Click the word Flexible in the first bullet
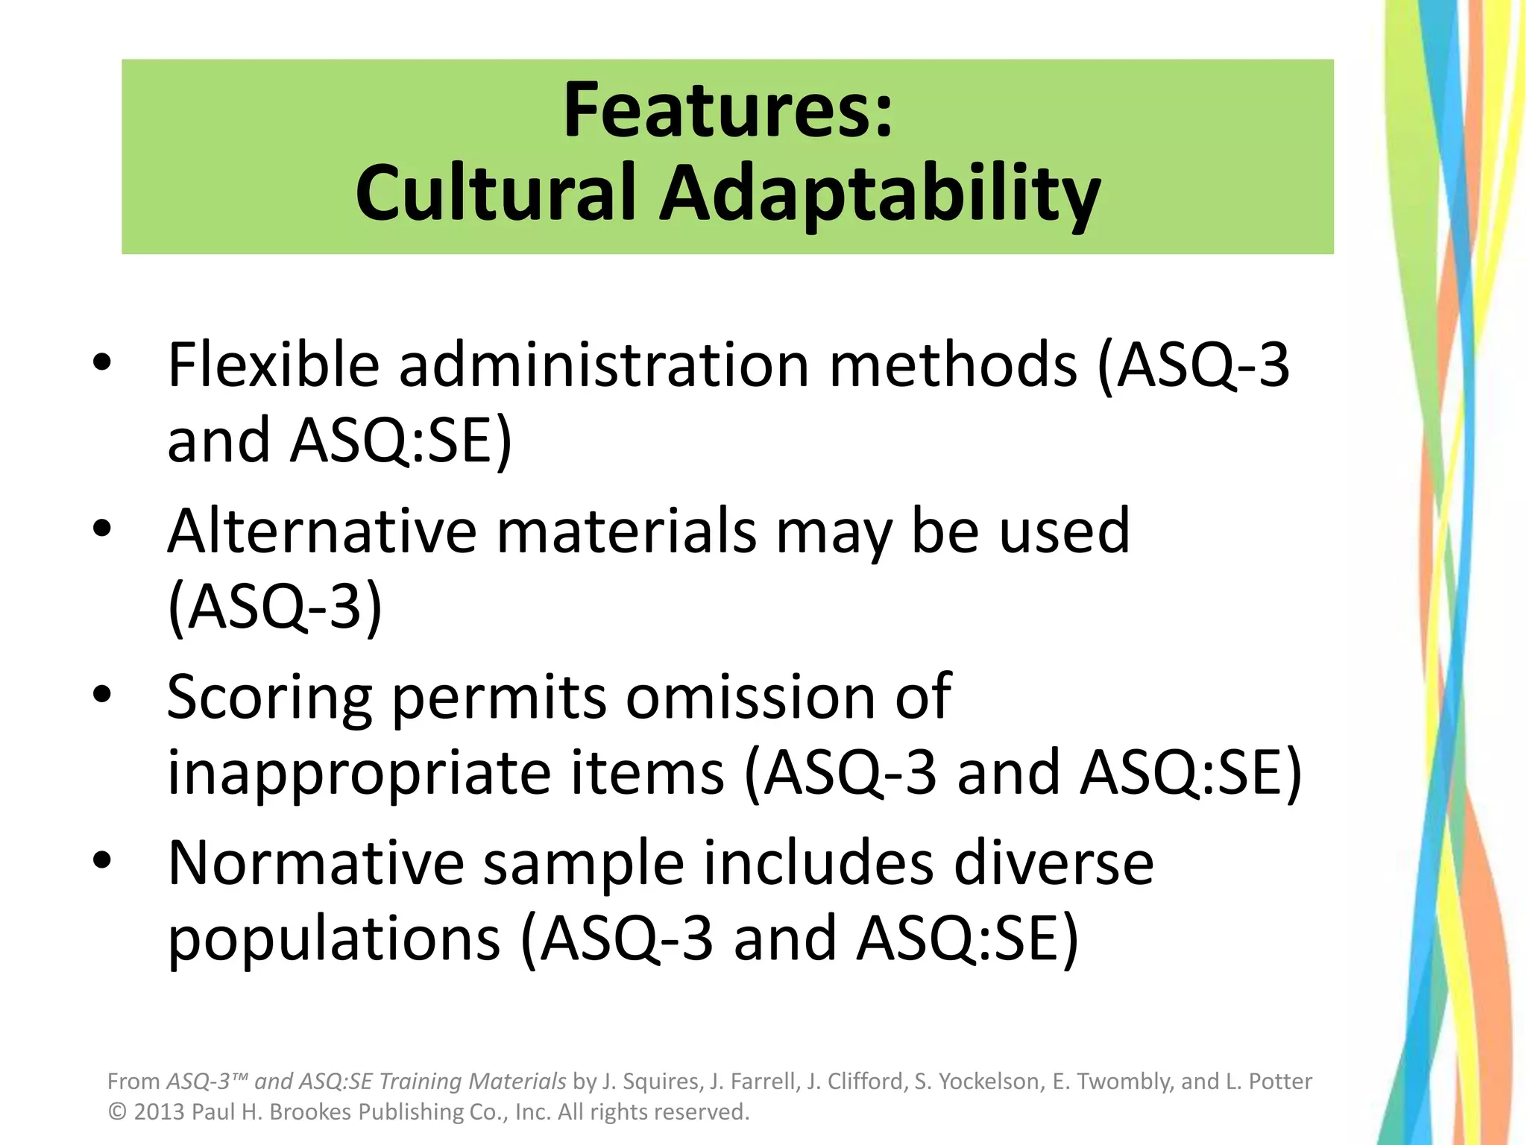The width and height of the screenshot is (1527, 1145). (274, 365)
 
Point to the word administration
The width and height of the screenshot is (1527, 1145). (604, 365)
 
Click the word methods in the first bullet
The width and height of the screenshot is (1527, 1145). (954, 365)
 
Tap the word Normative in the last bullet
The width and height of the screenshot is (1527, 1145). (316, 863)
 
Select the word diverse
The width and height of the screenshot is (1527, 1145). (1054, 863)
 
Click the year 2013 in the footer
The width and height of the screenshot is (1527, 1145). (159, 1112)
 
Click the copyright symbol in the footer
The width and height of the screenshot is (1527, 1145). (117, 1112)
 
